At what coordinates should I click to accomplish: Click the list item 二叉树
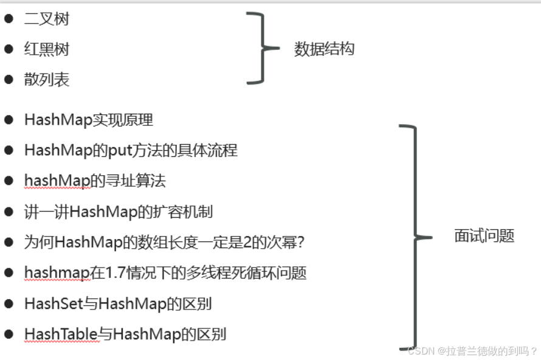pyautogui.click(x=47, y=19)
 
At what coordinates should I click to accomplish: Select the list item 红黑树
pyautogui.click(x=47, y=49)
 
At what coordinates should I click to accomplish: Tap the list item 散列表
pyautogui.click(x=47, y=80)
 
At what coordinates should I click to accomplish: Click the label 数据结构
pyautogui.click(x=324, y=49)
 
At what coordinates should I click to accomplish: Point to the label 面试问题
pyautogui.click(x=484, y=236)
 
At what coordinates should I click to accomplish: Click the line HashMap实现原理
pyautogui.click(x=88, y=120)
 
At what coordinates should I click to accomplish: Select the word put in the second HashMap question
pyautogui.click(x=120, y=150)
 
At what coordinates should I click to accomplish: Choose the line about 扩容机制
pyautogui.click(x=118, y=212)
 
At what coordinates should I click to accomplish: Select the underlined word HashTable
pyautogui.click(x=61, y=334)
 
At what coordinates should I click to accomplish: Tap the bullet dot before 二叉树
pyautogui.click(x=9, y=19)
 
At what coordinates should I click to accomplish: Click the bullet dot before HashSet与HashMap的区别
pyautogui.click(x=9, y=303)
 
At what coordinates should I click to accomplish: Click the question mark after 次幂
pyautogui.click(x=298, y=242)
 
